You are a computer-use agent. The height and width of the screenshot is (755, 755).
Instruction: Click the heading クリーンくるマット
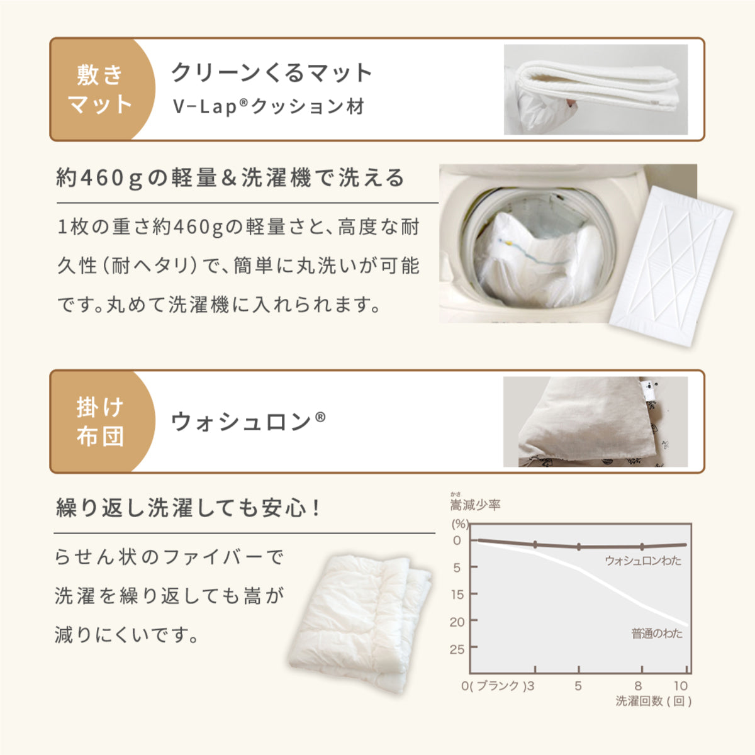coord(272,73)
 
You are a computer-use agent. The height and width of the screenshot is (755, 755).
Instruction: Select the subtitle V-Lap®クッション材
coord(269,106)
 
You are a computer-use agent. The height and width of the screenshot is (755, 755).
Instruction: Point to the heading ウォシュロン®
coord(249,422)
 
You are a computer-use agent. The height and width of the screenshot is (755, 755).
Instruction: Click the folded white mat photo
coord(596,89)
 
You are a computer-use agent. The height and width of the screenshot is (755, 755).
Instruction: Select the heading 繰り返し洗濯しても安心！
coord(189,508)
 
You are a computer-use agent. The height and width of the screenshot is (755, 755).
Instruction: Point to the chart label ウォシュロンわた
coord(643,561)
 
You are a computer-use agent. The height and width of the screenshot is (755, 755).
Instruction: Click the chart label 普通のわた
coord(657,634)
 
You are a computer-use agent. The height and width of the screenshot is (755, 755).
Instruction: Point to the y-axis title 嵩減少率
coord(475,505)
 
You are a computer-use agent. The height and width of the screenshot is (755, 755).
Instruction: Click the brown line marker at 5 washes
coord(579,547)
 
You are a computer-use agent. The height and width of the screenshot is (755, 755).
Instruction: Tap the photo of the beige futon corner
coord(596,422)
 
